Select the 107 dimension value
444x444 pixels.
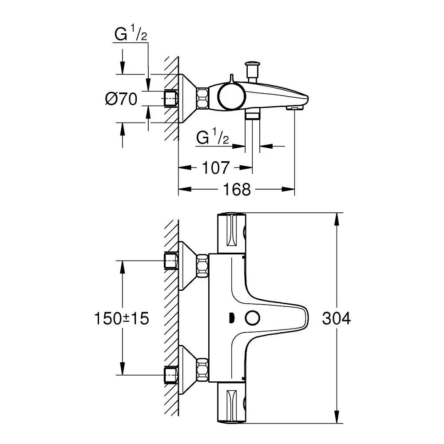click(x=216, y=167)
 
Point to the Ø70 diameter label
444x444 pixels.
click(x=121, y=99)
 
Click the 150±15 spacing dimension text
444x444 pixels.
click(x=121, y=318)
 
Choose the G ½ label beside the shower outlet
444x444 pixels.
click(x=213, y=138)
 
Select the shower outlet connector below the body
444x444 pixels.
click(x=252, y=115)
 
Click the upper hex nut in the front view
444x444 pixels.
click(x=202, y=265)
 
